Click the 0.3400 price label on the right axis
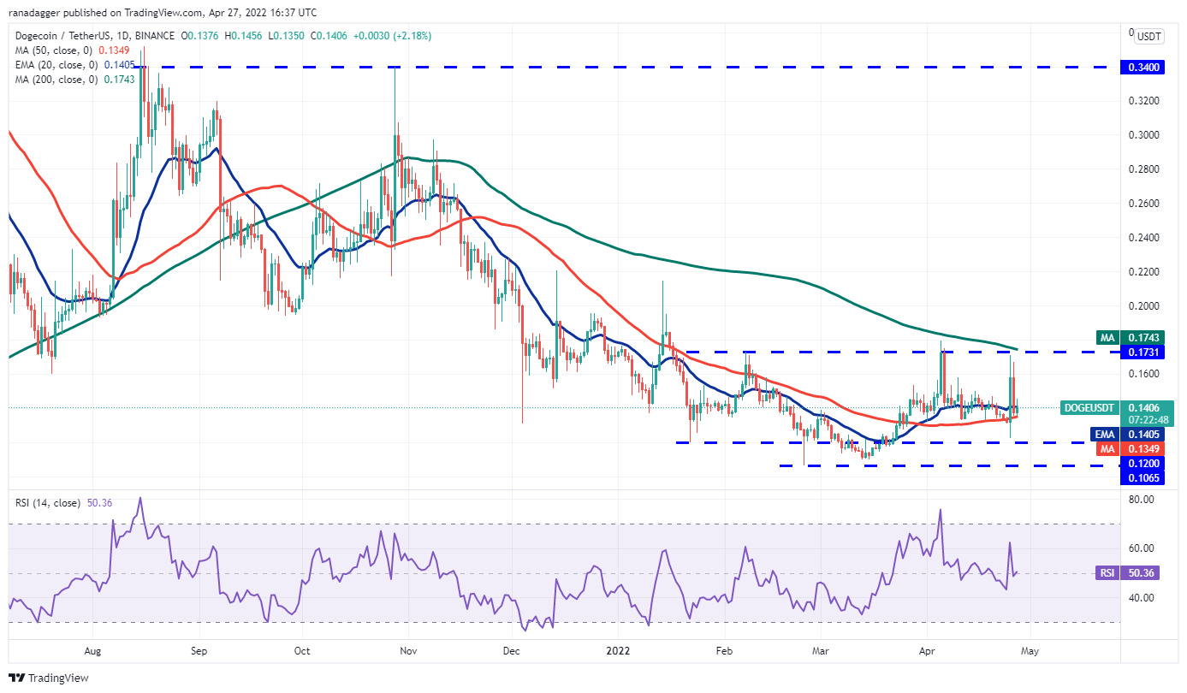[1147, 67]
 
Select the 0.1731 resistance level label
[1147, 352]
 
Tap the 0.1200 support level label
[1147, 463]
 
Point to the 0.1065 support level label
[1147, 478]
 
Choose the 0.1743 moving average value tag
[1147, 338]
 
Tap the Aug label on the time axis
[94, 650]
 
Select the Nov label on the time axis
[408, 650]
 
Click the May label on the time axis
[1030, 650]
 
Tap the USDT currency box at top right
[1148, 36]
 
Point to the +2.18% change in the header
[408, 36]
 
